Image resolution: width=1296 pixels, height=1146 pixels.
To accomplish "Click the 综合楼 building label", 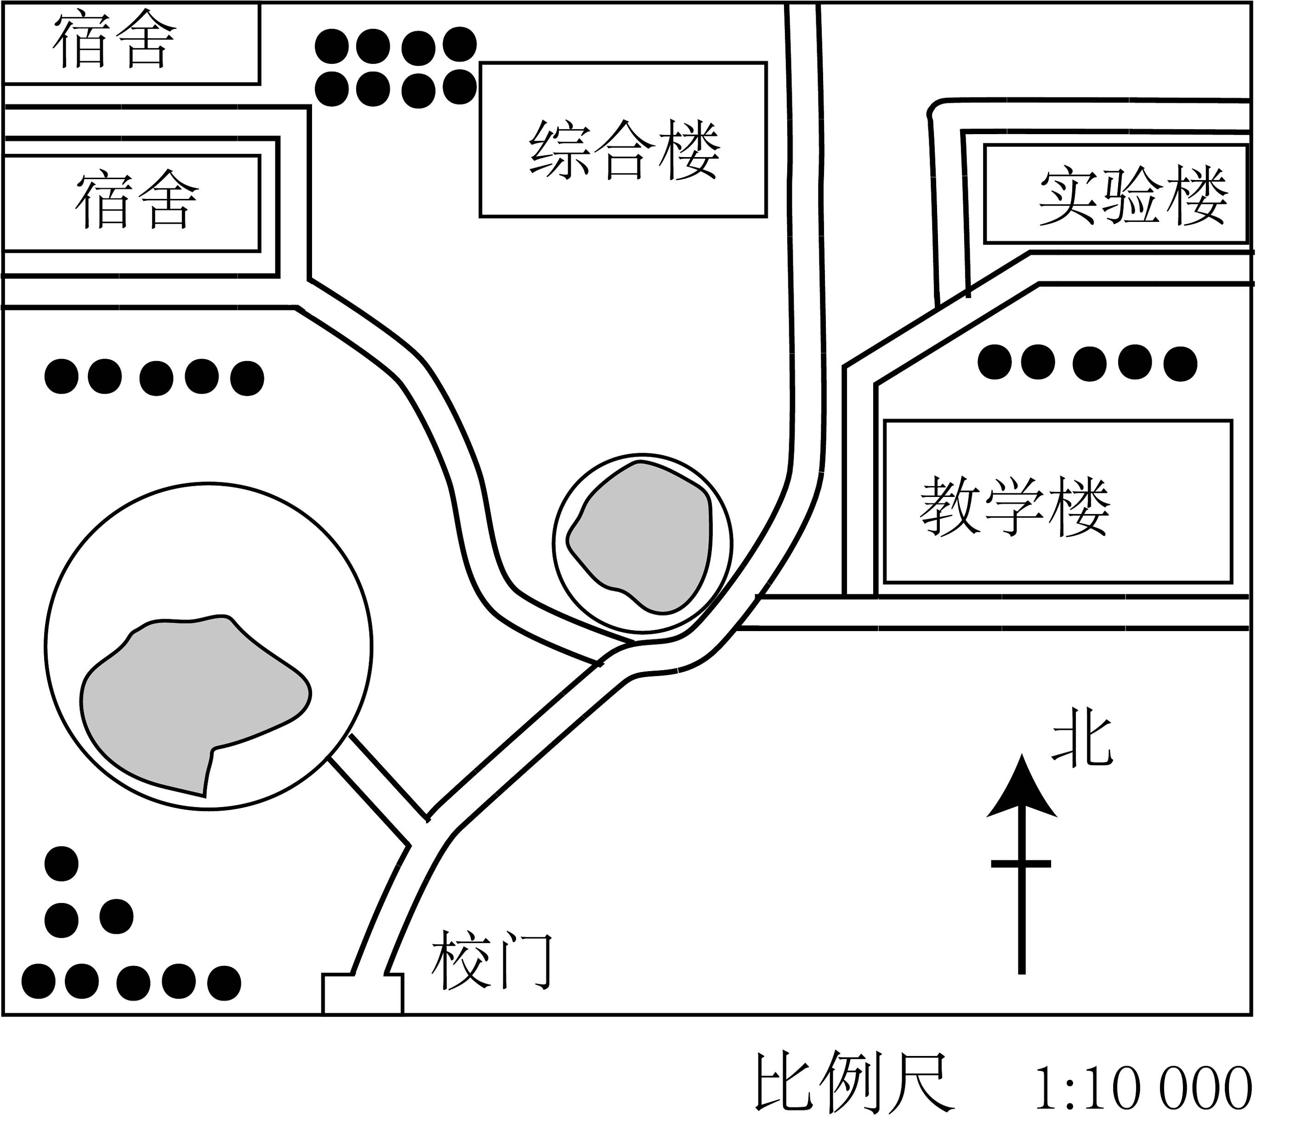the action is click(625, 150).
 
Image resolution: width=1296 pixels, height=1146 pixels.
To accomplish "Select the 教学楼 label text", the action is click(1014, 507).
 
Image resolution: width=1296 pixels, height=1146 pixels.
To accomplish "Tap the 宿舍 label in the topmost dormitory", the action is click(114, 41).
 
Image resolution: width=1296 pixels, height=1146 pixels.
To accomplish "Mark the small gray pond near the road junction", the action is click(639, 537).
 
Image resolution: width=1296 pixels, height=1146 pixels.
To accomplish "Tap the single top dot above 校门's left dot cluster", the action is click(62, 864).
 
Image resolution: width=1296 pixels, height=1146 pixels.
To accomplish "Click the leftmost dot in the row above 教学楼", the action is click(995, 362).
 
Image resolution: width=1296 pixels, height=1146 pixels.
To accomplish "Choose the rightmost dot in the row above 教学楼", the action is click(1180, 364).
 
